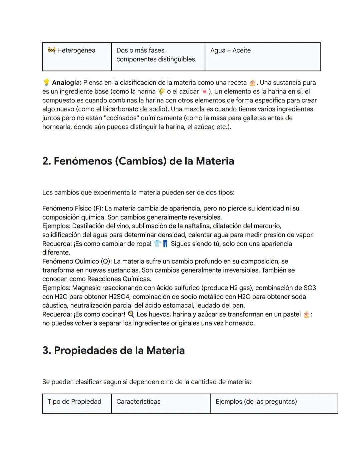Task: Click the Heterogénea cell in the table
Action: click(76, 51)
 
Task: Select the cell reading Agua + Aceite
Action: click(230, 51)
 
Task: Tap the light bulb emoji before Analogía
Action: click(46, 82)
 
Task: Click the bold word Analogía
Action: click(67, 82)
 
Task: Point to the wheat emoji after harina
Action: click(161, 91)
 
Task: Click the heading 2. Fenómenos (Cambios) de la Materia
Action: click(138, 161)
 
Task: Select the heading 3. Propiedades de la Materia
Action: click(113, 351)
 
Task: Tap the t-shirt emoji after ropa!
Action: click(157, 244)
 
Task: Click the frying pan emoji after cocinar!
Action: click(131, 314)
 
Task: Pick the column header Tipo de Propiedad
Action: click(74, 402)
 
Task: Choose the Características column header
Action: click(138, 402)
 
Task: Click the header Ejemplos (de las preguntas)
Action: click(256, 402)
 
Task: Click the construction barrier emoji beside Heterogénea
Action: click(51, 50)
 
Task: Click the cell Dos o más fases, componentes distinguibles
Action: click(156, 55)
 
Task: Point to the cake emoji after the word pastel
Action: click(306, 314)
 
